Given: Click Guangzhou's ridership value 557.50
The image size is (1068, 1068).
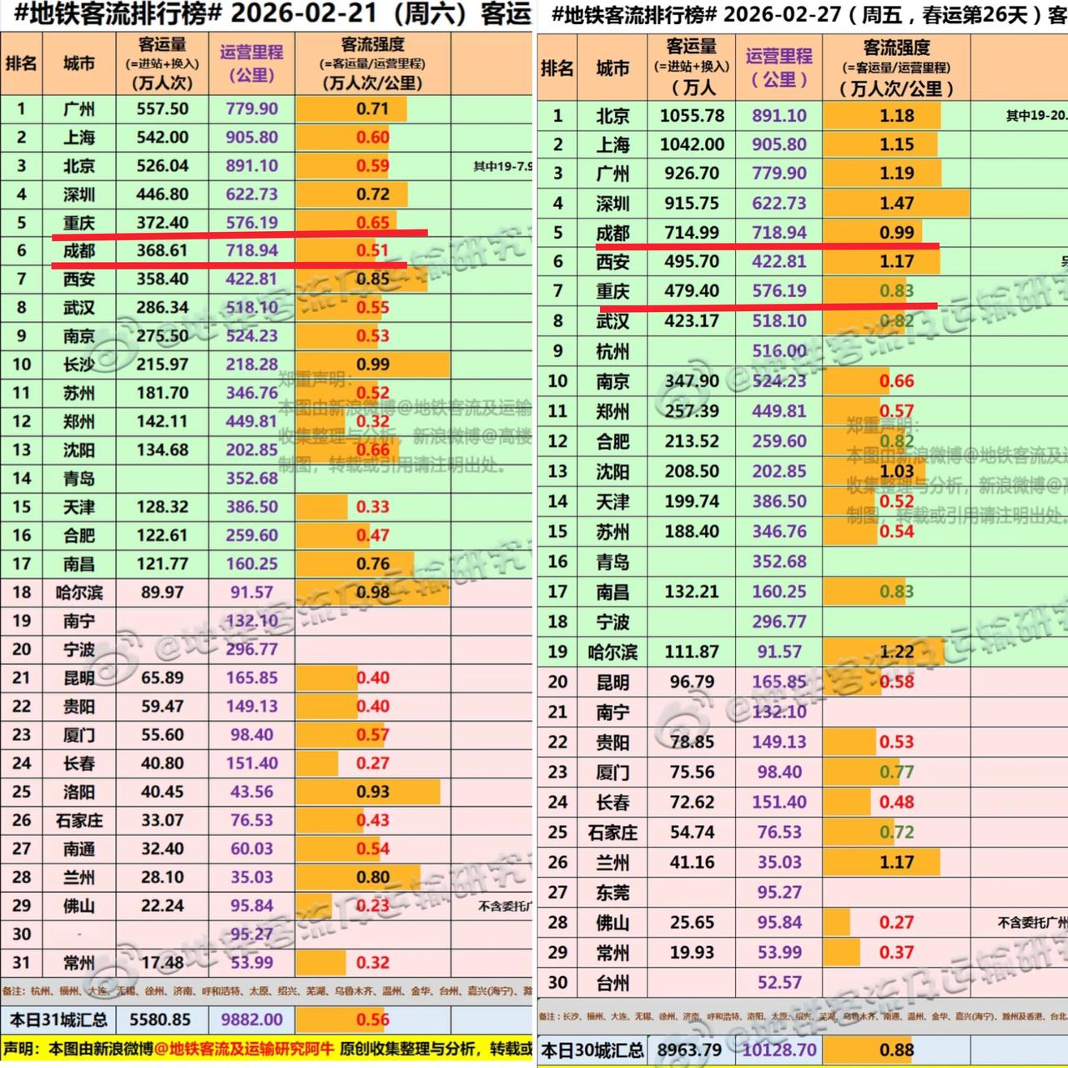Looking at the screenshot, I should click(163, 109).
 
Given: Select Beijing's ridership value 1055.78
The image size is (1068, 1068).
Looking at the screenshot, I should click(692, 116).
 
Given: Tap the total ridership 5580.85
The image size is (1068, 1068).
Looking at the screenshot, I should click(160, 1020).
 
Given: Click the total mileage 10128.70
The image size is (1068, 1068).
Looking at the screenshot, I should click(779, 1050).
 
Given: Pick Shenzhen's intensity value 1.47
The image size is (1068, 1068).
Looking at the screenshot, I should click(896, 203).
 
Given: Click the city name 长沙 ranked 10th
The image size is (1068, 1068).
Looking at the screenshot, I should click(78, 365).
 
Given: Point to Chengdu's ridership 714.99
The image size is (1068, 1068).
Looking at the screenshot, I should click(692, 233).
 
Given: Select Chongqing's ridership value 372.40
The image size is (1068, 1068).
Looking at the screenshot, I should click(163, 223).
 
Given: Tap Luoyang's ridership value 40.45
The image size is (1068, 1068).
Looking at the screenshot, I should click(163, 792).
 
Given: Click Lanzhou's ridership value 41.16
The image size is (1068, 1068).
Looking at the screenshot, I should click(692, 862).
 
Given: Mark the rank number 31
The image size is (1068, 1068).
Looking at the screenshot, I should click(22, 962).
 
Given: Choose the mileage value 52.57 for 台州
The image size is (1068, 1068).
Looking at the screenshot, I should click(779, 982).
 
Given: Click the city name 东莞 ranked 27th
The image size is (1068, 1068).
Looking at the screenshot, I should click(612, 893).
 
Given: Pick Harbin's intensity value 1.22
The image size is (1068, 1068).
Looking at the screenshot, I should click(896, 652).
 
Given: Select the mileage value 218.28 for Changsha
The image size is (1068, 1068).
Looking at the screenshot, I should click(251, 365).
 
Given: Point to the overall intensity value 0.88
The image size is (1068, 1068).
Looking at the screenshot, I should click(896, 1050).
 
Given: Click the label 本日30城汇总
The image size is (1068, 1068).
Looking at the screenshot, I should click(592, 1050).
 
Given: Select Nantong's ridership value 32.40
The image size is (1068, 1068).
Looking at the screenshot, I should click(163, 849).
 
